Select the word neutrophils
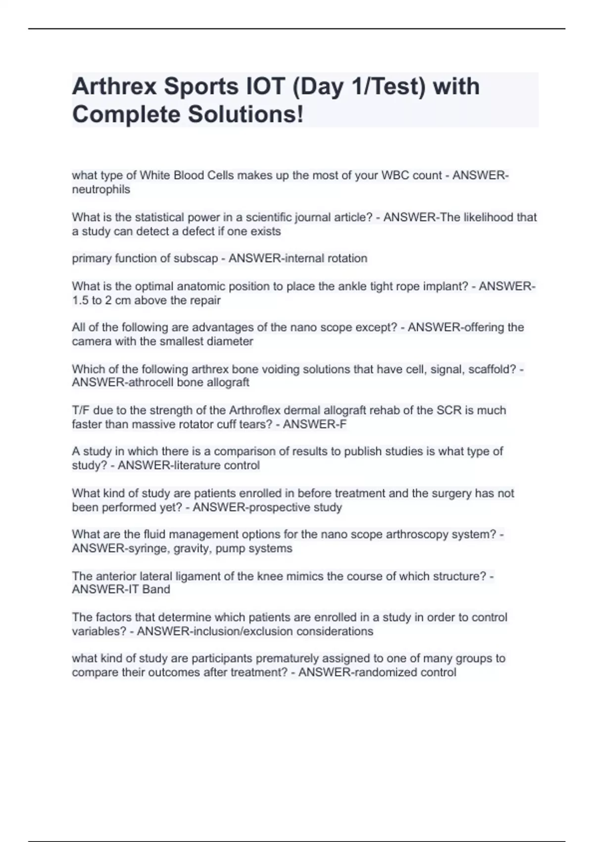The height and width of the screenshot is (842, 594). pos(101,189)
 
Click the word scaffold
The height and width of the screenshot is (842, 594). pos(491,369)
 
